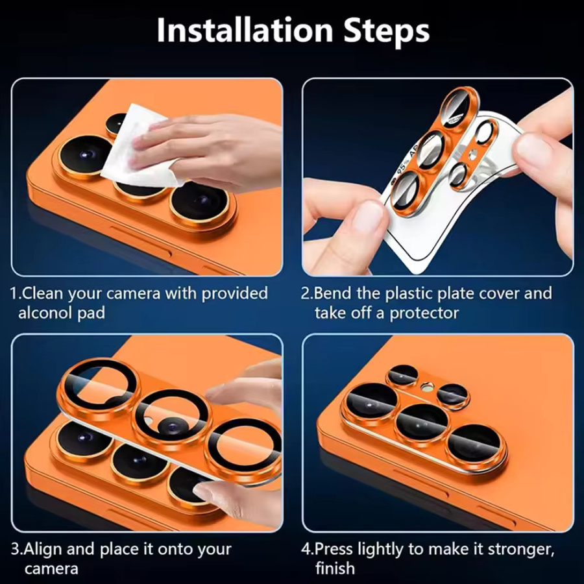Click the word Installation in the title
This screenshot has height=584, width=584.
tap(245, 30)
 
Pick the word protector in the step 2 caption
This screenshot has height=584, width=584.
tap(424, 313)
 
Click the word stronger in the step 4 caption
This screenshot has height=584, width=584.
tap(521, 550)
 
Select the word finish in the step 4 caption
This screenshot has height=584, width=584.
tap(335, 568)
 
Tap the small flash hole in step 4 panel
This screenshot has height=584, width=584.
tap(426, 388)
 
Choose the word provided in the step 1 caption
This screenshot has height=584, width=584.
tap(235, 294)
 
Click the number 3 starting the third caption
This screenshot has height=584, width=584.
tap(15, 550)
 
